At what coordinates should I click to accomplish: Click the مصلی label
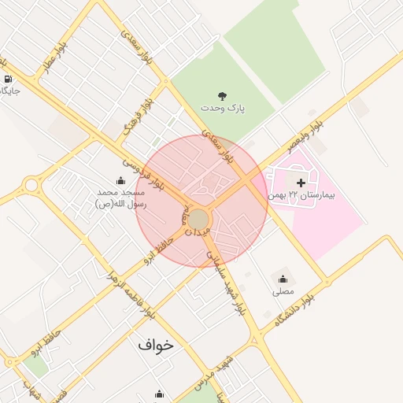(283, 291)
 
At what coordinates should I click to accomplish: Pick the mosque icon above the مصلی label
(283, 279)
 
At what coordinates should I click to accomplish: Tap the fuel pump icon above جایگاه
(8, 79)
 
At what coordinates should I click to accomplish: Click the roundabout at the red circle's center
(198, 220)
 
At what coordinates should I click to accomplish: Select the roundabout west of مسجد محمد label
(31, 185)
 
